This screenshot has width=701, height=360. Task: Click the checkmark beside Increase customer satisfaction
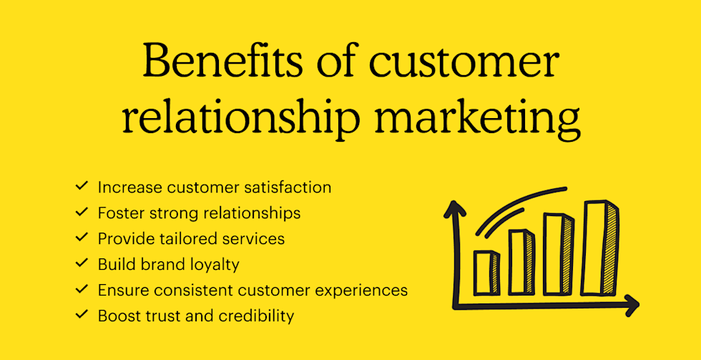coord(82,185)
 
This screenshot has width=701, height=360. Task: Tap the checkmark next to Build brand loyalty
coord(82,263)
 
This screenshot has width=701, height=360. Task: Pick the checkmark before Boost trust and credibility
coord(82,314)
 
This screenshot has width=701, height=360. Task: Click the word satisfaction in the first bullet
coord(289,187)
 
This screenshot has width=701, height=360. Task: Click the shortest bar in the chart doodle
coord(486,272)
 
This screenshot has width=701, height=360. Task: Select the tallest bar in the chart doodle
coord(599,248)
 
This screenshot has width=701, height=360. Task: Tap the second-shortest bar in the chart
coord(521,262)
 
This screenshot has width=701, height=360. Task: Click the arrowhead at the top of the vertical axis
coord(455,209)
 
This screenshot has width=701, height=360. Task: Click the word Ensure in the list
coord(121,291)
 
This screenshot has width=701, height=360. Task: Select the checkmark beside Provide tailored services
coord(82,237)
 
